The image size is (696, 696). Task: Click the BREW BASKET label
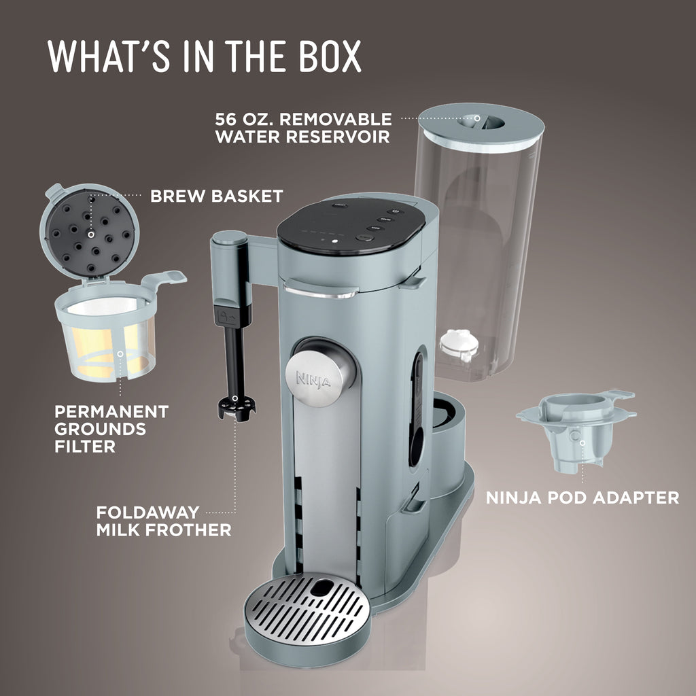pyautogui.click(x=217, y=196)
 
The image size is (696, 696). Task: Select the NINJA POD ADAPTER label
pyautogui.click(x=582, y=498)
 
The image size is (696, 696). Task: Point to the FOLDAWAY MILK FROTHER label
pyautogui.click(x=163, y=521)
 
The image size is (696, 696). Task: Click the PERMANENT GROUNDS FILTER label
pyautogui.click(x=111, y=429)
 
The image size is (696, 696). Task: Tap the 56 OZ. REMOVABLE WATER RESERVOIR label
pyautogui.click(x=303, y=128)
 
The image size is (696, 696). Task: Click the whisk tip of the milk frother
pyautogui.click(x=236, y=408)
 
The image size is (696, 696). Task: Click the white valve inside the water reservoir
pyautogui.click(x=459, y=345)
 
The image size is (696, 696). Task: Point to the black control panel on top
pyautogui.click(x=351, y=226)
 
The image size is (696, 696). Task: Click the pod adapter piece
pyautogui.click(x=576, y=429)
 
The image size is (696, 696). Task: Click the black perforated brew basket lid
pyautogui.click(x=90, y=233)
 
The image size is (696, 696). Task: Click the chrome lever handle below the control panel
pyautogui.click(x=321, y=290)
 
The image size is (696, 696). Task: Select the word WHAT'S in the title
pyautogui.click(x=108, y=56)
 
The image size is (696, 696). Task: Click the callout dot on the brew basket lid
pyautogui.click(x=91, y=234)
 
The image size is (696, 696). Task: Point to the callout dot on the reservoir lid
pyautogui.click(x=476, y=118)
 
